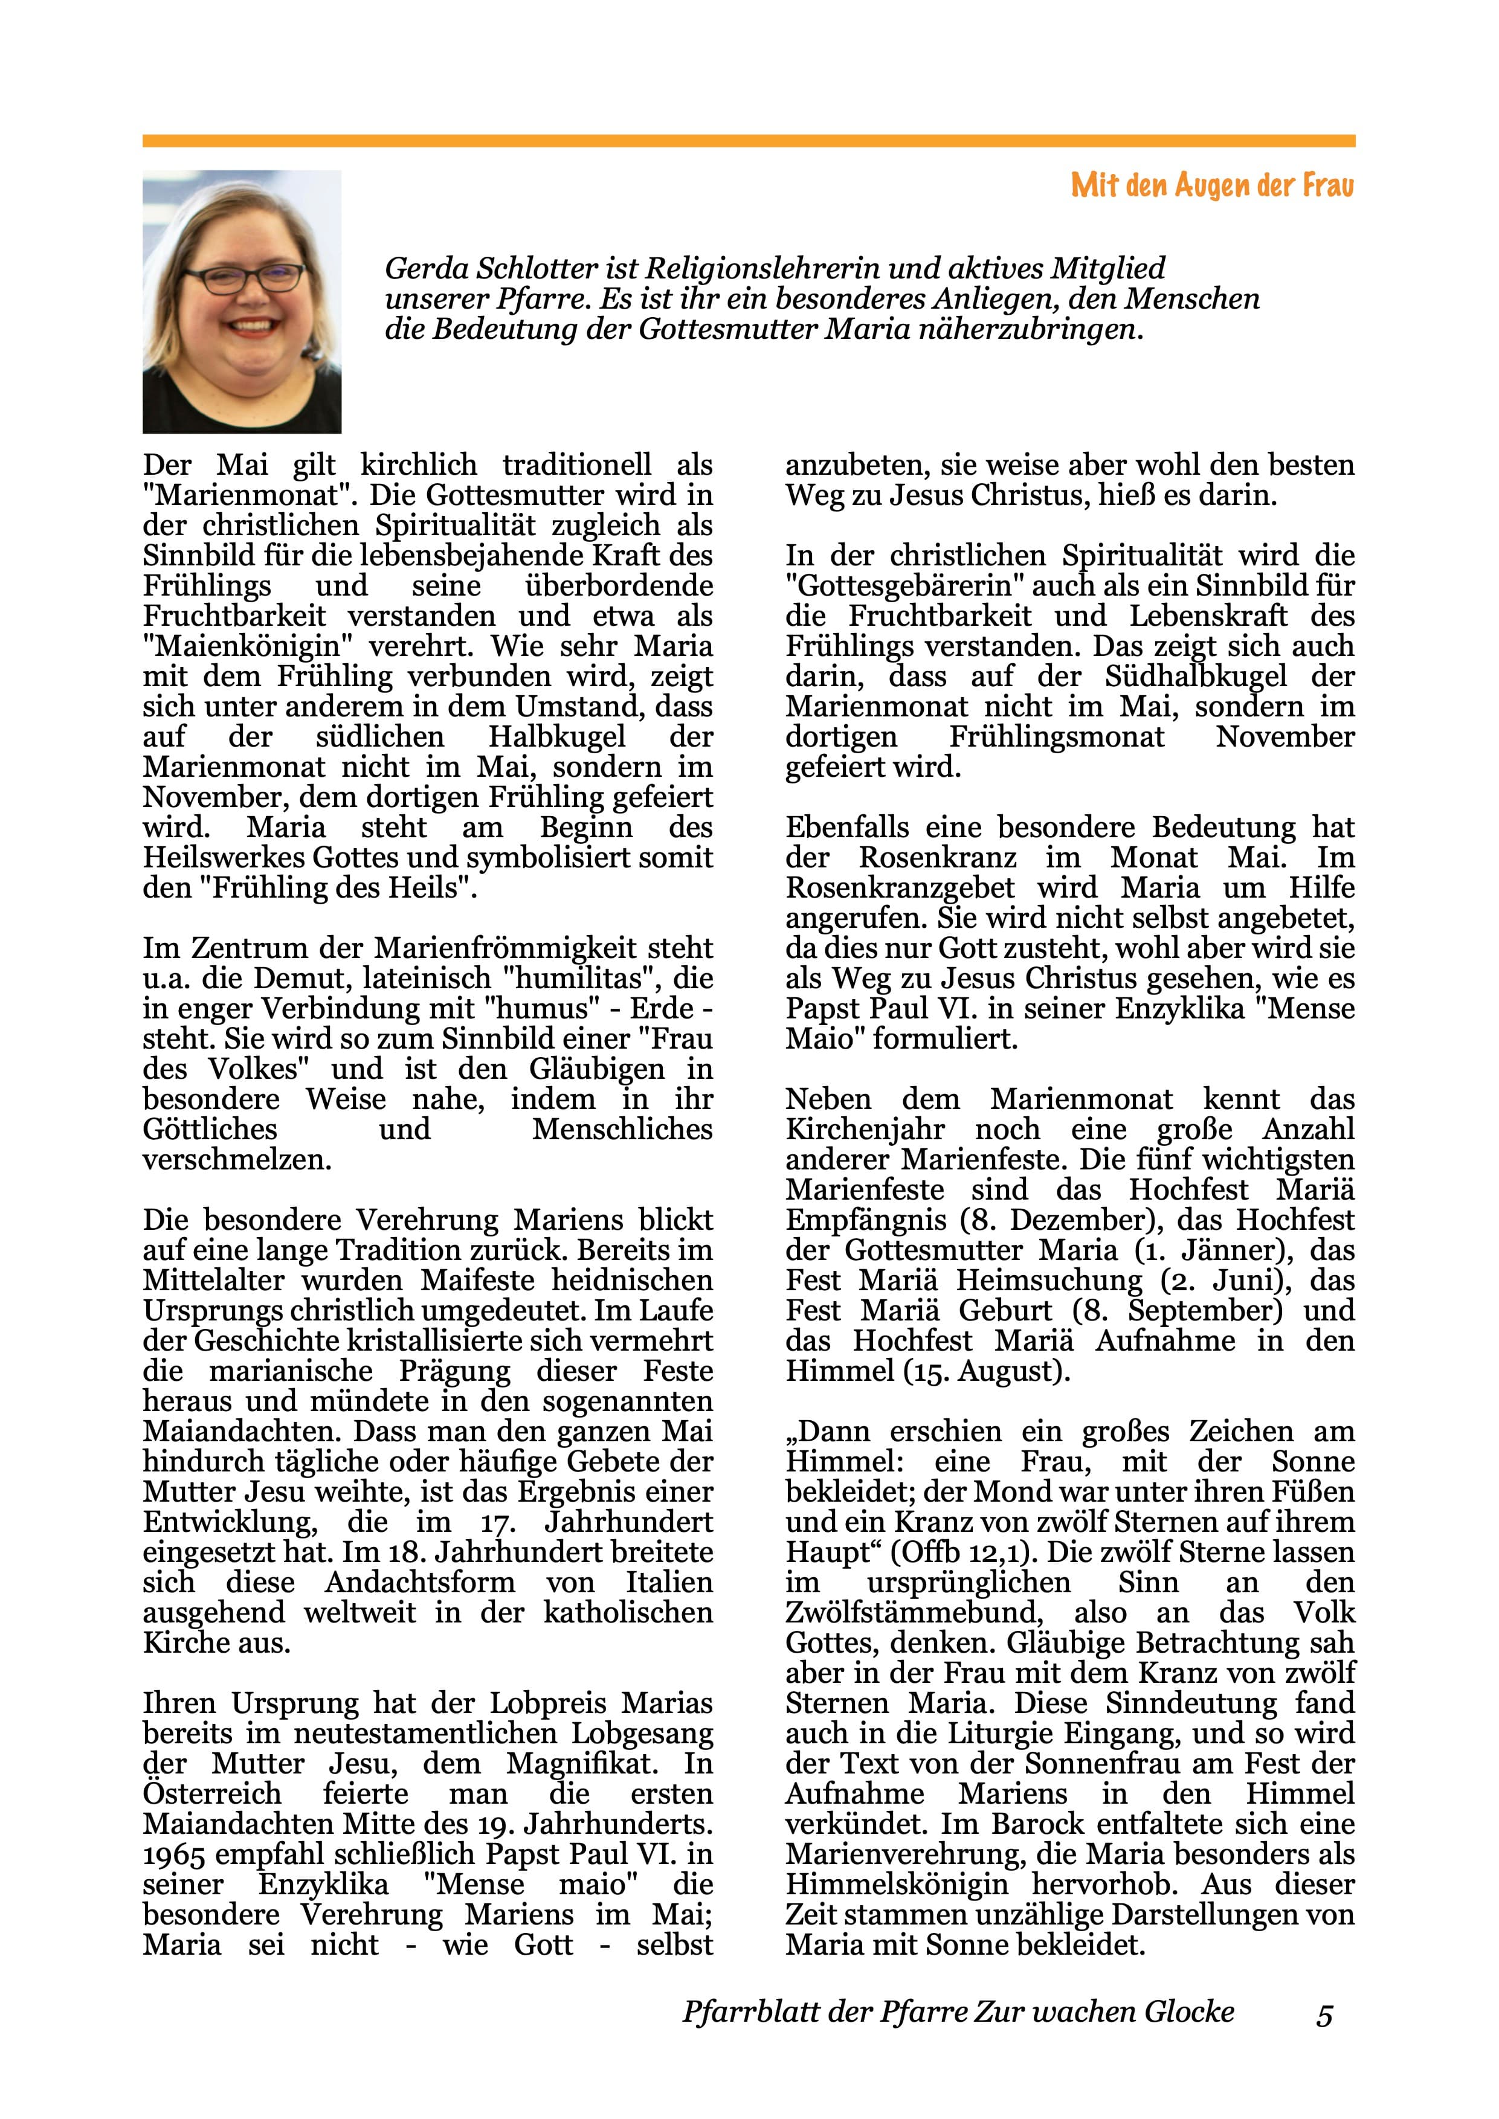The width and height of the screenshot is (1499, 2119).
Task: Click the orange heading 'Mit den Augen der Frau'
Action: pos(1212,187)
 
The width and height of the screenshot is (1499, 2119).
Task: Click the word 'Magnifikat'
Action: pos(581,1764)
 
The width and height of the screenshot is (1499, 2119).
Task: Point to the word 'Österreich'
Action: pos(212,1794)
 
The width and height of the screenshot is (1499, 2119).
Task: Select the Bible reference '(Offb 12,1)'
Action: pos(959,1552)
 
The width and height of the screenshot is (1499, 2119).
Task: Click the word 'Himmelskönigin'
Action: pos(896,1885)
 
